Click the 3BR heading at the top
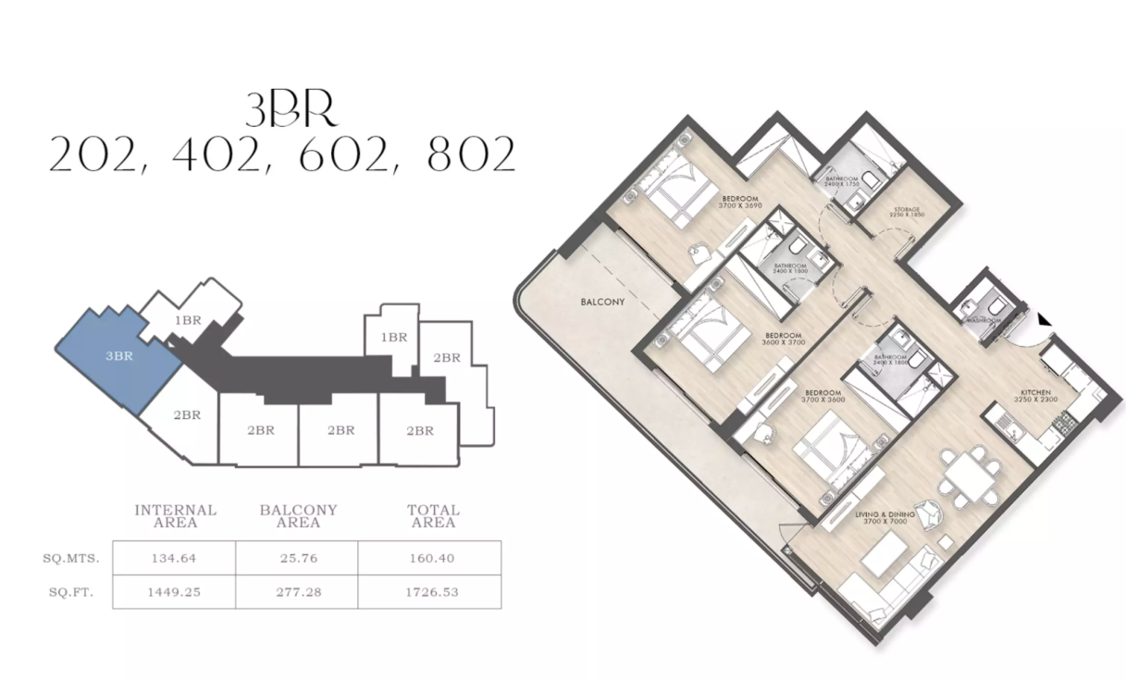tap(290, 111)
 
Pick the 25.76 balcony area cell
tap(297, 559)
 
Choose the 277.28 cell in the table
tap(297, 591)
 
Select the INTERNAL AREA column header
tap(176, 516)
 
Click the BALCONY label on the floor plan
tap(603, 303)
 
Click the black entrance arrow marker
tap(1044, 319)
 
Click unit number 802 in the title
tap(472, 156)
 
